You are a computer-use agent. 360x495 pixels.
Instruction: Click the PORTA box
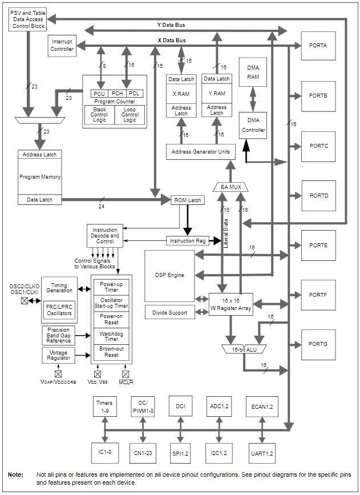(318, 46)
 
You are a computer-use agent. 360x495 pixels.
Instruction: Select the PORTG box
(318, 344)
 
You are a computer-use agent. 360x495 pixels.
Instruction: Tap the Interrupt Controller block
(62, 45)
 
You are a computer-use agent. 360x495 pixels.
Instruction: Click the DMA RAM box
(253, 73)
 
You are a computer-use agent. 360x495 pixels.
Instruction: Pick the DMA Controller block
(253, 125)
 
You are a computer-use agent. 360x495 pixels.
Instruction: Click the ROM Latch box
(187, 200)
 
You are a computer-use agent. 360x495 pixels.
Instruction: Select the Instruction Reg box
(187, 240)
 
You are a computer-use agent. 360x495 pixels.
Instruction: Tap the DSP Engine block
(169, 275)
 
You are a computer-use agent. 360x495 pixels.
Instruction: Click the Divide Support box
(169, 312)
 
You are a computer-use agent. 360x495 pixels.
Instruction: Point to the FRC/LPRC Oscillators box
(59, 309)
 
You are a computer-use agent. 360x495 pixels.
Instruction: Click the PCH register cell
(118, 94)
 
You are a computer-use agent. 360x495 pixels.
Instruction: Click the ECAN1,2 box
(262, 407)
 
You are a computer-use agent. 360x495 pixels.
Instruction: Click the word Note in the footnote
(16, 474)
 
